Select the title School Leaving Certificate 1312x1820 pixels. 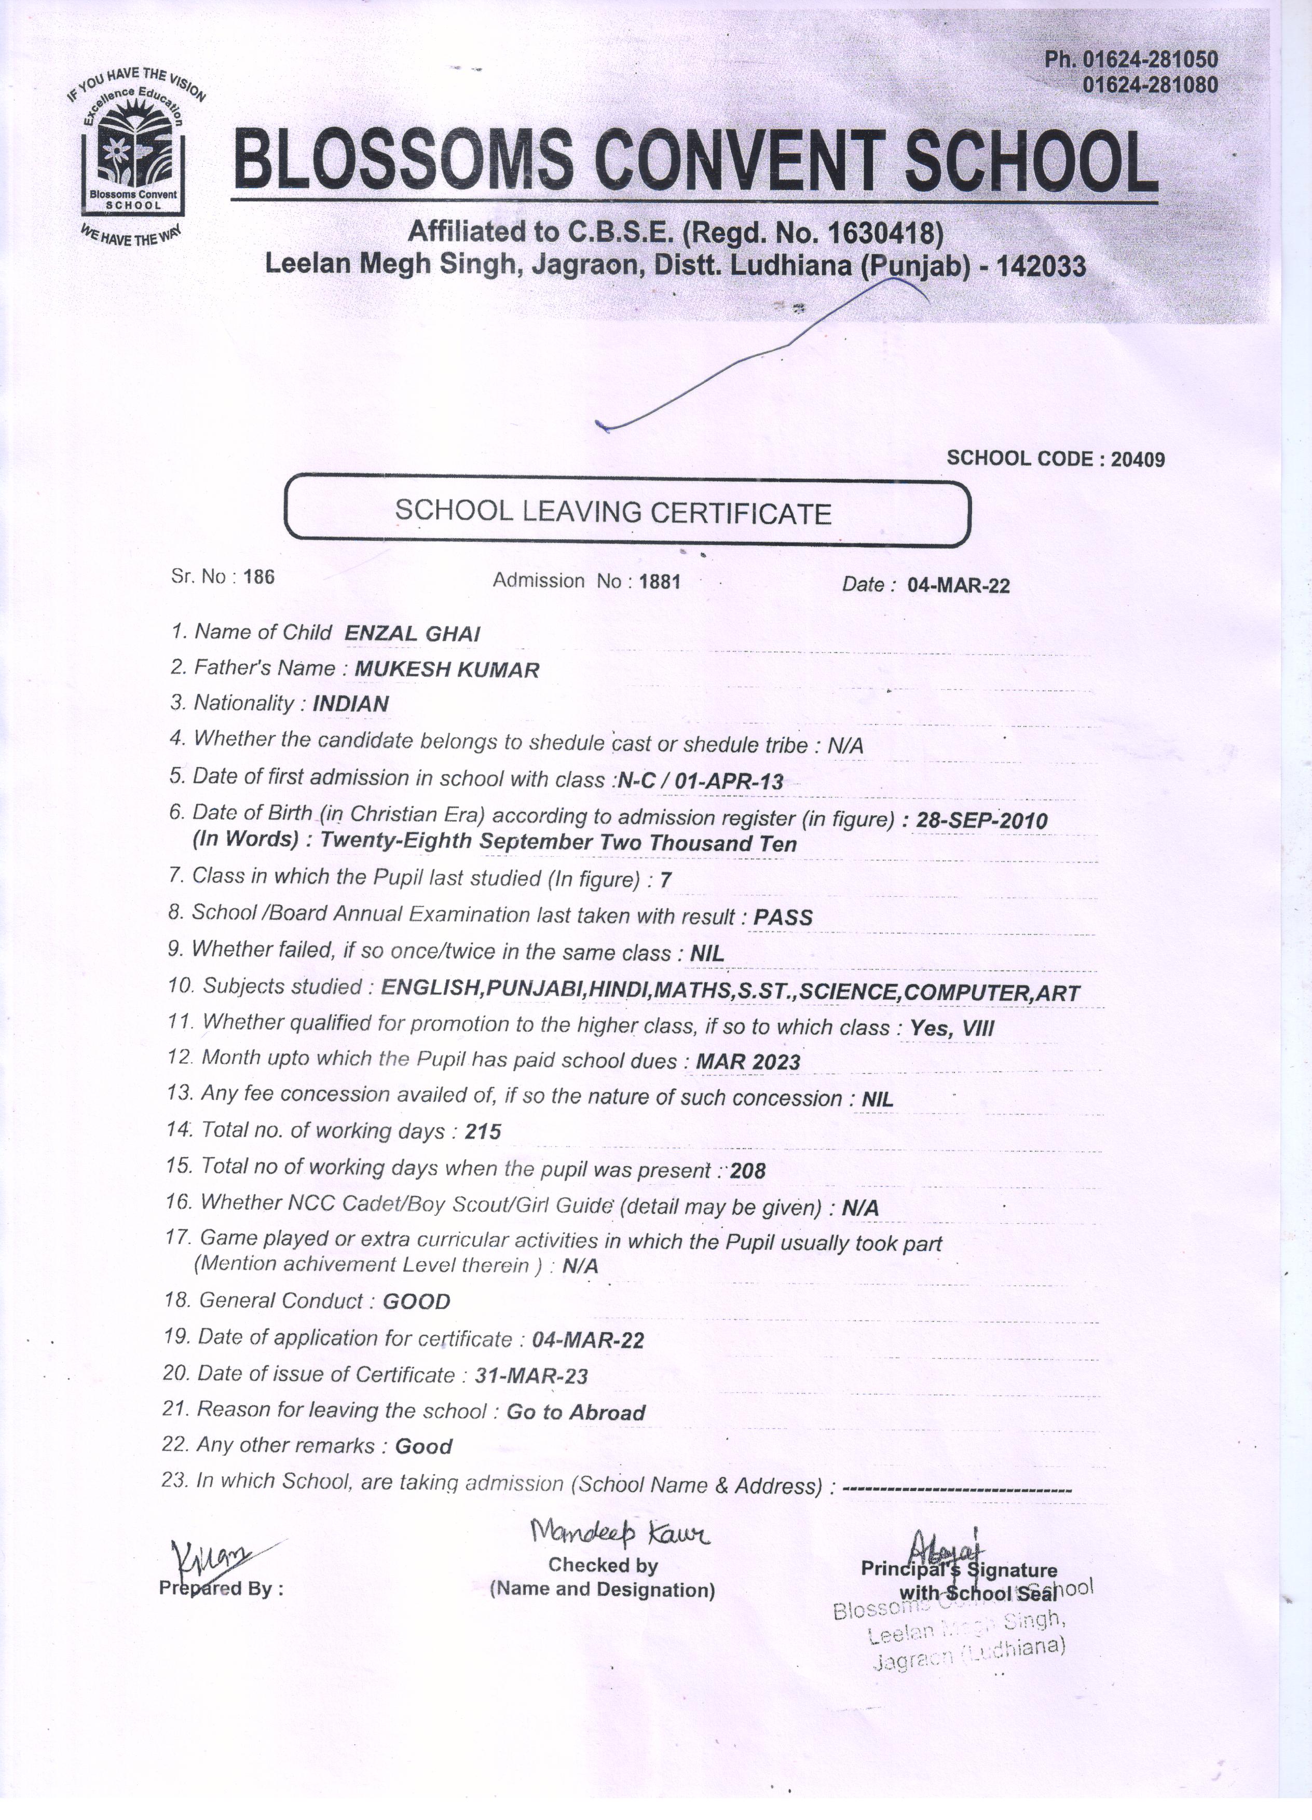click(x=613, y=512)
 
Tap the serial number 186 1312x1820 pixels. click(x=258, y=577)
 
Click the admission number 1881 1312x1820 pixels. click(x=660, y=581)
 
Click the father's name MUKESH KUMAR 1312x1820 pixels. click(x=447, y=669)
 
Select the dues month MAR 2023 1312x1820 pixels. click(x=748, y=1062)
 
